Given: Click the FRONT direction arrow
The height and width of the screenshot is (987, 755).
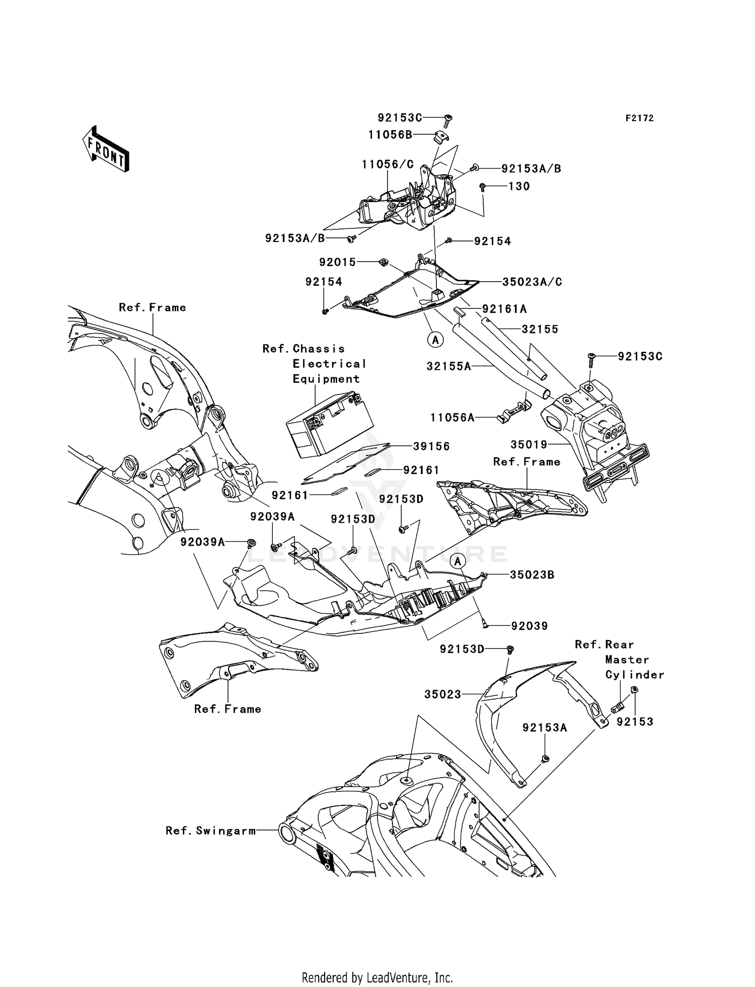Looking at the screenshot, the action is (105, 148).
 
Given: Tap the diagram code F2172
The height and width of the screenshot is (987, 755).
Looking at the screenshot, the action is (639, 118).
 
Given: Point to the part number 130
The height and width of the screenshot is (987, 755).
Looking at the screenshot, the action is (519, 186).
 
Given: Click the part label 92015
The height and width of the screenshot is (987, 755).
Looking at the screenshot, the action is (338, 262).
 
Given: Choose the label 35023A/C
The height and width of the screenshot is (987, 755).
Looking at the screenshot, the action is (532, 282).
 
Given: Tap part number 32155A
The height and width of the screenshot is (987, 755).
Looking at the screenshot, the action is (449, 366).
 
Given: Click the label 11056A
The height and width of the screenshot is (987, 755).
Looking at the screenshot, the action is (452, 417).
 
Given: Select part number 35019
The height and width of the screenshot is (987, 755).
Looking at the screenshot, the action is (529, 445).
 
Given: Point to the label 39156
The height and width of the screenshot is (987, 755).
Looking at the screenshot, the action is (431, 446).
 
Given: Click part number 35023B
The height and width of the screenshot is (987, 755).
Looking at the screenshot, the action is (532, 574).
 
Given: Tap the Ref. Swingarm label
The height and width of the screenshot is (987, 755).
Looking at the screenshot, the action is (211, 831).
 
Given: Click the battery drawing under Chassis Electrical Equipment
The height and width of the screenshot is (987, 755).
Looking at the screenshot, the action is (330, 425).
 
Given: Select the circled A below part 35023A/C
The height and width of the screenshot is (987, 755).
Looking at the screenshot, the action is (436, 340).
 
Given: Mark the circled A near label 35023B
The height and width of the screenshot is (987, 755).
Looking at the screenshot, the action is (458, 561).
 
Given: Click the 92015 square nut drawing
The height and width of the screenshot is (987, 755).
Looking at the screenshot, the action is (384, 262).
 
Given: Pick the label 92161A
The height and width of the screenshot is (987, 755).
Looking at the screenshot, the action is (504, 309).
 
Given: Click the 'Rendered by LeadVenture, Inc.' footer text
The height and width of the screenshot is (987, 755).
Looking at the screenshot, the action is (377, 977).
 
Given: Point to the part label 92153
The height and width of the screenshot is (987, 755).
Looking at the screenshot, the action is (635, 721).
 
